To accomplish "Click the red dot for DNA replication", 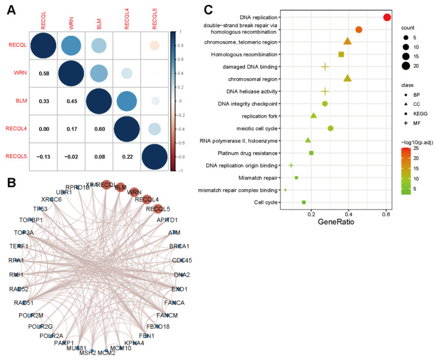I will pos(387,17).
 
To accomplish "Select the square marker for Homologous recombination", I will pos(341,54).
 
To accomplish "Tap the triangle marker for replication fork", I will pos(313,116).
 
